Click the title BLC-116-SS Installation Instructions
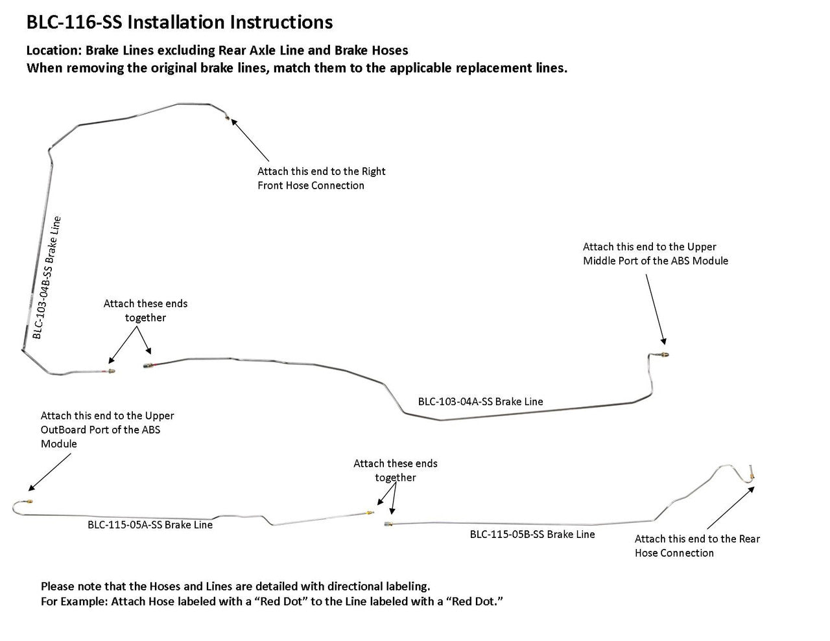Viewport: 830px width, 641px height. (x=179, y=23)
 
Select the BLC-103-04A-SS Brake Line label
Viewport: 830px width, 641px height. (x=480, y=402)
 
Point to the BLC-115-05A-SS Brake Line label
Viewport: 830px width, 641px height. (x=150, y=525)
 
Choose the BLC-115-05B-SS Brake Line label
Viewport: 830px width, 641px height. (x=532, y=535)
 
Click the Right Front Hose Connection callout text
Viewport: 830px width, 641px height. (x=321, y=178)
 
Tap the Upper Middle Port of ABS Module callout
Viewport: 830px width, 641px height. (x=655, y=253)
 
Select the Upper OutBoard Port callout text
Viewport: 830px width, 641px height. (x=107, y=430)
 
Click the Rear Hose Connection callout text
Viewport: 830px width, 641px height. (x=697, y=546)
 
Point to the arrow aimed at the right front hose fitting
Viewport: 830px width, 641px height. (x=249, y=139)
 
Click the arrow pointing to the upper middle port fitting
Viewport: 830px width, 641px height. (x=654, y=307)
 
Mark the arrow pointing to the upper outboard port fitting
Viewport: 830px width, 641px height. (x=51, y=471)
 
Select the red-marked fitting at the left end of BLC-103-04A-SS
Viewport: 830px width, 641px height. (x=148, y=367)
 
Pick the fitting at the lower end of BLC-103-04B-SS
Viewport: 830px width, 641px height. (x=111, y=372)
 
